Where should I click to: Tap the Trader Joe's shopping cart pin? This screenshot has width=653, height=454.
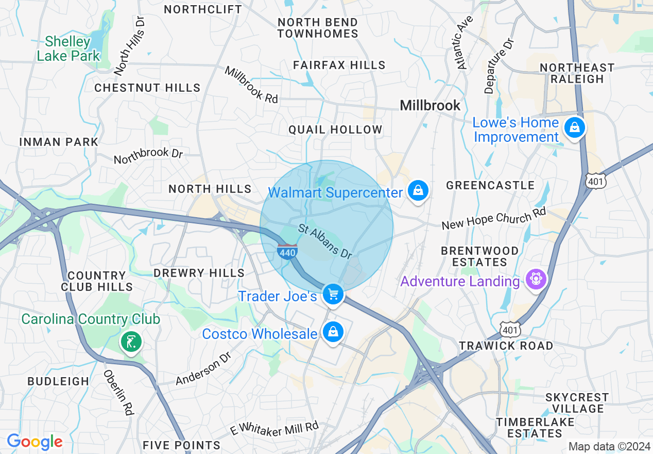(x=333, y=295)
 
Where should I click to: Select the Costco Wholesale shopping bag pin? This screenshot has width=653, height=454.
(x=333, y=332)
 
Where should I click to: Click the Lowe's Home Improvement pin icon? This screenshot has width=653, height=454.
(x=574, y=127)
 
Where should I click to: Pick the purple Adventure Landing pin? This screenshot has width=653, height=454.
(x=536, y=279)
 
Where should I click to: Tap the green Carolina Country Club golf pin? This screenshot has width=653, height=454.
(x=132, y=342)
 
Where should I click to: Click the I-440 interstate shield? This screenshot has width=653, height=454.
(x=286, y=252)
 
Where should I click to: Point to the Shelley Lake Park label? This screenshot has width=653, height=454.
(x=68, y=48)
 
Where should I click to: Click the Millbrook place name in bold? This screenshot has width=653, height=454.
(x=430, y=105)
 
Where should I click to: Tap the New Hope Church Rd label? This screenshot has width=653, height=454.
(x=493, y=219)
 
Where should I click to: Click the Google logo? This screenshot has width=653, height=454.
(x=35, y=442)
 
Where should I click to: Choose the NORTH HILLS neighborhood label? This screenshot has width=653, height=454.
(x=210, y=189)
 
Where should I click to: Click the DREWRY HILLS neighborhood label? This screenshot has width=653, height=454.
(x=199, y=272)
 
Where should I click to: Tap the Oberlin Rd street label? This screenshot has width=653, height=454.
(x=119, y=393)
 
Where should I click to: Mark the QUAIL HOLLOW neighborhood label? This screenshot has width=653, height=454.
(x=335, y=129)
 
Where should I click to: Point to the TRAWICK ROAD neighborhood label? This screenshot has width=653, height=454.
(x=506, y=346)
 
